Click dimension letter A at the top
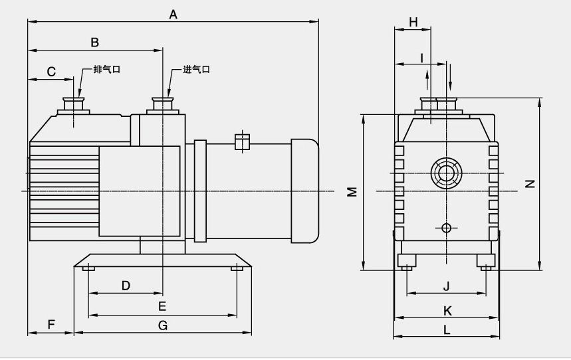173,14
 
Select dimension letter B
95,43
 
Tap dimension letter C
51,72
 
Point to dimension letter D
126,286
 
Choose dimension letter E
162,306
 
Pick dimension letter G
163,325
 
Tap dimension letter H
413,22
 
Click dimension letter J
447,286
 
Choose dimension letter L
447,329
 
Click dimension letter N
530,184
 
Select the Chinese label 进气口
196,69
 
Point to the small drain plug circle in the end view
446,228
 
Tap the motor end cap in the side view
304,190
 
